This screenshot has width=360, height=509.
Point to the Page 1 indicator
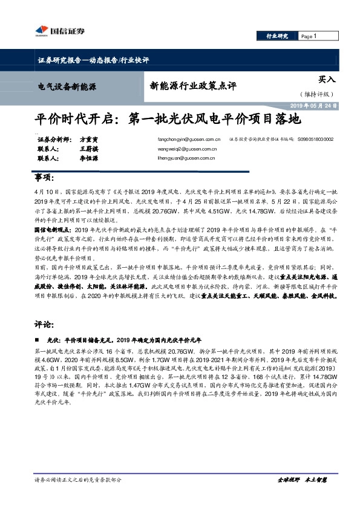[309, 36]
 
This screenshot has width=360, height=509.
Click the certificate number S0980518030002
[315, 139]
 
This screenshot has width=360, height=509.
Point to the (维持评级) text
[316, 94]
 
